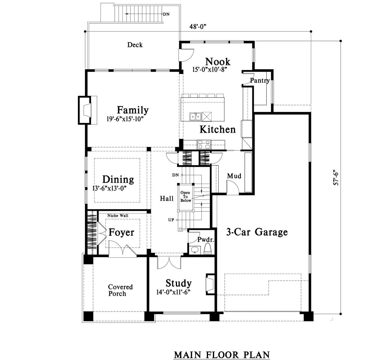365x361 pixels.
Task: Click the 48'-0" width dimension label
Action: point(198,27)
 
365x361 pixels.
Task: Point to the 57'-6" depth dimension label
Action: point(336,179)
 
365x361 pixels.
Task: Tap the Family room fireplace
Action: point(88,110)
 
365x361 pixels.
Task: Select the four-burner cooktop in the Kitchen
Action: point(204,144)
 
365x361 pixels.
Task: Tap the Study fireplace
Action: point(210,284)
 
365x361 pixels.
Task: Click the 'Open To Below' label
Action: point(185,196)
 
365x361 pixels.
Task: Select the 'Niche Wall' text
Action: point(118,216)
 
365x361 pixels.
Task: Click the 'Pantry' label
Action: point(260,81)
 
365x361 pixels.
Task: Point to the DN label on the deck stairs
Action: point(166,14)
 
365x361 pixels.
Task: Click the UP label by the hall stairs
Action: point(171,220)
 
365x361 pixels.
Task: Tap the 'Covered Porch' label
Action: point(120,290)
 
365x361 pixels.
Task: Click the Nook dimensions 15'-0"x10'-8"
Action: point(210,70)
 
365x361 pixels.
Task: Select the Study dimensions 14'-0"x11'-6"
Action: point(173,292)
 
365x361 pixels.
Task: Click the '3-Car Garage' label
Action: point(257,232)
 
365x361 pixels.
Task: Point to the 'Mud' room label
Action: point(234,176)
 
